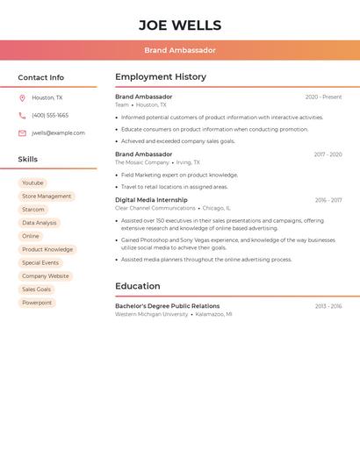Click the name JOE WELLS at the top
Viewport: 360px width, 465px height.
tap(180, 25)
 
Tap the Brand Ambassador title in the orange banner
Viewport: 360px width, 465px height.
tap(180, 50)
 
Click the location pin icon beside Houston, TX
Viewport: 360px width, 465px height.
tap(22, 98)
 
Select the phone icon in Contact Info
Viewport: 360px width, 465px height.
tap(22, 116)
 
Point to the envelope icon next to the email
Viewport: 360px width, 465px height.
tap(22, 133)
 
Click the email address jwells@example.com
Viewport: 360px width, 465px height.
tap(58, 133)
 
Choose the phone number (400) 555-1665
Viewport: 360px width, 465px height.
tap(50, 116)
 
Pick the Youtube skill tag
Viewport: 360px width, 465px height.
tap(32, 183)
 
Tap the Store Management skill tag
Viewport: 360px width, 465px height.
tap(47, 197)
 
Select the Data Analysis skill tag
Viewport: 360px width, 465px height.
tap(40, 223)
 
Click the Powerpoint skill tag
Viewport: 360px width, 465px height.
tap(37, 303)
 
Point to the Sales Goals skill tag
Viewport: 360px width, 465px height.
tap(36, 290)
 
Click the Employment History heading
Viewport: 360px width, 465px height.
tap(161, 77)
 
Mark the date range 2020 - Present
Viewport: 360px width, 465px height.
tap(323, 97)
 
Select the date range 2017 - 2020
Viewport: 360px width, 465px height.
tap(328, 154)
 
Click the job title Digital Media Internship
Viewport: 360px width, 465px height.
tap(151, 200)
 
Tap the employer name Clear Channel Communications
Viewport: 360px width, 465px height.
tap(155, 209)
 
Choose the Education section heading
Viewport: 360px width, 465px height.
tap(138, 286)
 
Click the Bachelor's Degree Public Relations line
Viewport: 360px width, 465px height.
tap(168, 306)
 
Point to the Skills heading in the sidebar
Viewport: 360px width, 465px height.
tap(28, 160)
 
